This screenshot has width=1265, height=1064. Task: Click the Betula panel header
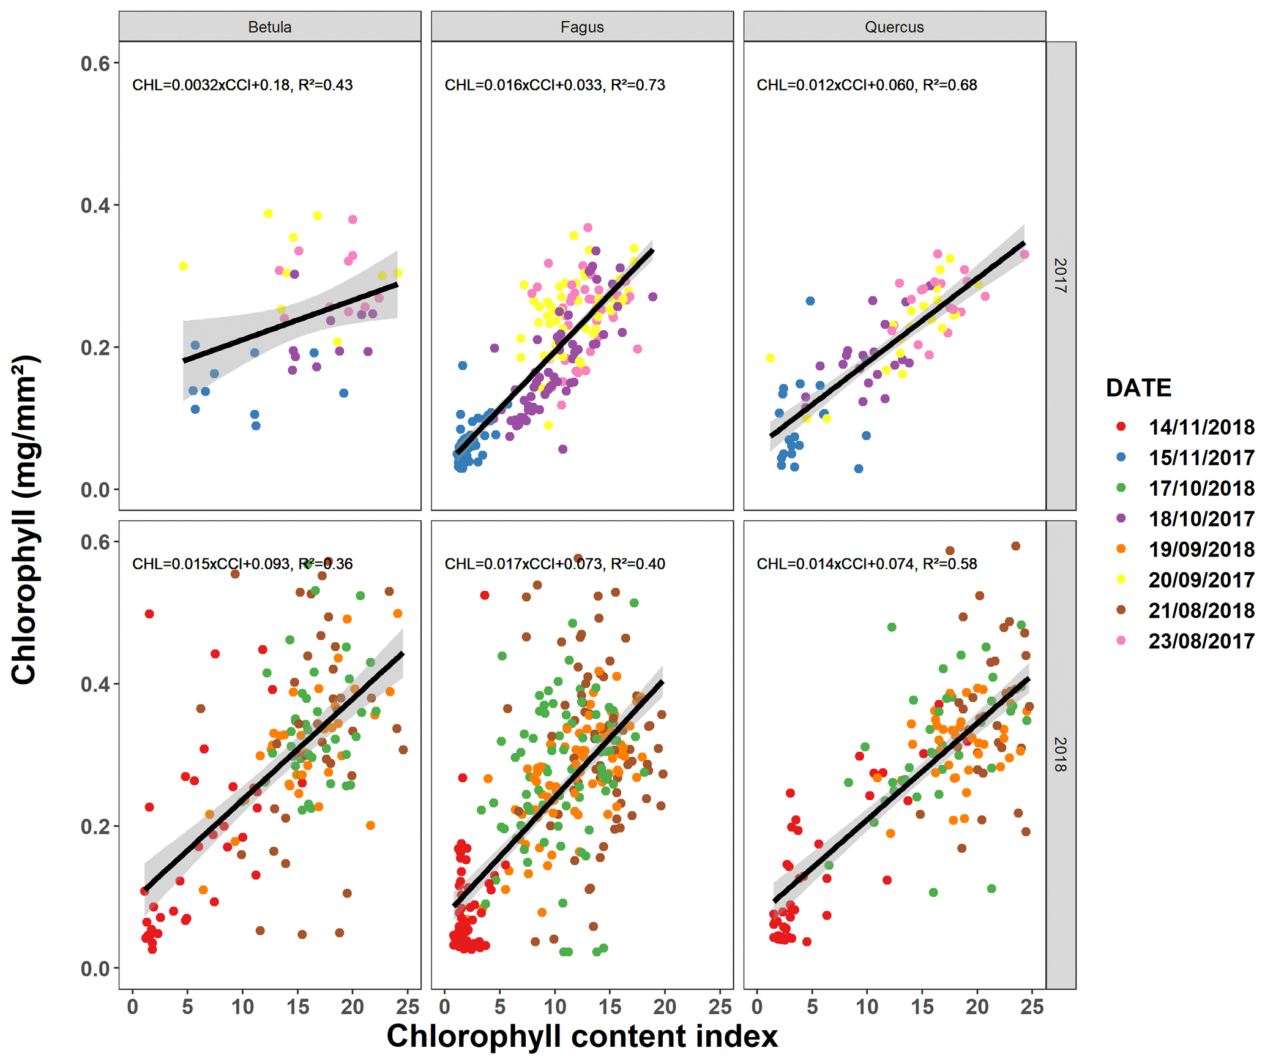coord(269,27)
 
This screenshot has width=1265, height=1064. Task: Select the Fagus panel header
coord(581,27)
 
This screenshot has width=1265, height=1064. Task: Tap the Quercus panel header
coord(894,27)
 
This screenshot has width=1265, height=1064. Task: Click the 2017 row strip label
coord(1061,275)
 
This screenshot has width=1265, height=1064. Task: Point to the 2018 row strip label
coord(1061,754)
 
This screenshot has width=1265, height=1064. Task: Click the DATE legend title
coord(1138,388)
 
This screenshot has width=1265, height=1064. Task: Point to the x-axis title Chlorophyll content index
coord(582,1036)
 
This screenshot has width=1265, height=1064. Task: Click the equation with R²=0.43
coord(242,85)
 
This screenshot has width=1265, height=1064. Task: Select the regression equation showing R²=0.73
coord(554,85)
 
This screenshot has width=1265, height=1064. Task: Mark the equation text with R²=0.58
coord(867,564)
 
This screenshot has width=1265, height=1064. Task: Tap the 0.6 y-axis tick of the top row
coord(95,63)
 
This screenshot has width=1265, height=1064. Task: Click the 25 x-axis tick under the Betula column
coord(408,1007)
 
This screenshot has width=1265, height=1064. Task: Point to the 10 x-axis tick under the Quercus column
coord(867,1007)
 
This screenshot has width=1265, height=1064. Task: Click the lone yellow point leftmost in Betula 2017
coord(183,266)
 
